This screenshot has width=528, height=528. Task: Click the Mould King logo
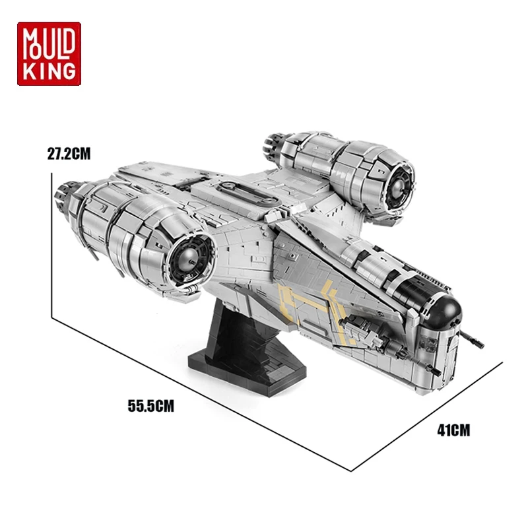[49, 54]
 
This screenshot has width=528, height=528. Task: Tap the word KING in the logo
[49, 72]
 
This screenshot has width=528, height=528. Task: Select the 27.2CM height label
[69, 154]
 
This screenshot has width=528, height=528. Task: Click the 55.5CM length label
[151, 406]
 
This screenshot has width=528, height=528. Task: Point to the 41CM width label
[453, 430]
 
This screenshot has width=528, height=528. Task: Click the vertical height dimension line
[52, 245]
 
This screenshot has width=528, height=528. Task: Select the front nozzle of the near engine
[189, 260]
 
